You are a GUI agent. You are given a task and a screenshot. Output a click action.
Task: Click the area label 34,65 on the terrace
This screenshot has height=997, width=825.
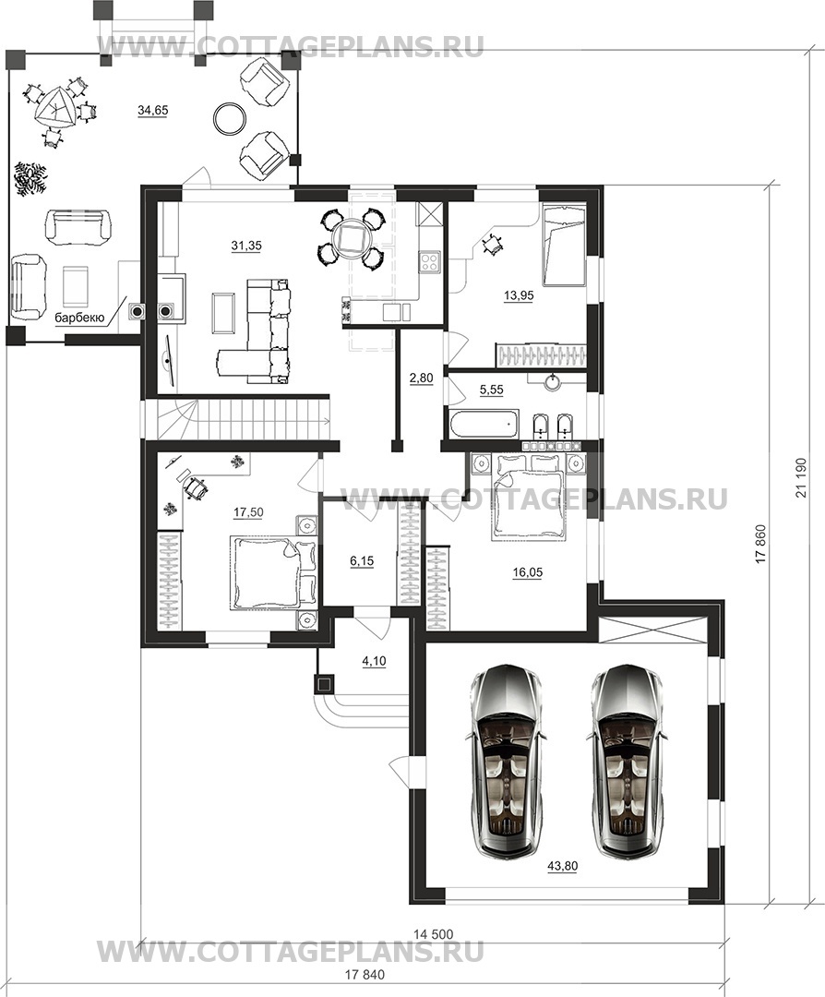[x=152, y=111]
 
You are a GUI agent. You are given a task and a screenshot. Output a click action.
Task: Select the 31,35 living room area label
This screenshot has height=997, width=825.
[x=246, y=245]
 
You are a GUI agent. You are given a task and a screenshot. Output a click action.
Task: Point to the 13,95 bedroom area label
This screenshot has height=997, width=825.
[x=518, y=295]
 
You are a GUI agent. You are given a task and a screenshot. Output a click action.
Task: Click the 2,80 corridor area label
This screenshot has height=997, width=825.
[x=421, y=378]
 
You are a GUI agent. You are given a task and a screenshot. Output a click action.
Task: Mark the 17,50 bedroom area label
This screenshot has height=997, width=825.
[x=248, y=511]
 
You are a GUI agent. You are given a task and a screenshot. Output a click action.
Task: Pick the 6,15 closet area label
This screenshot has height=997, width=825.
[x=363, y=561]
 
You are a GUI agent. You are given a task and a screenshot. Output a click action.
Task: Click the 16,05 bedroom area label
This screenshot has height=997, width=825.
[x=528, y=572]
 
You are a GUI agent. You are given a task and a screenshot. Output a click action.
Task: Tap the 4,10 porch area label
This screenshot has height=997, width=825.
[x=375, y=661]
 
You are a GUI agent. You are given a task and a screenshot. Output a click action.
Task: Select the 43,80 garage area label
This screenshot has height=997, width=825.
[x=563, y=865]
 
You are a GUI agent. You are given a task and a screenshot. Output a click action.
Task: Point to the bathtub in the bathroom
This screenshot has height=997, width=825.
[x=484, y=424]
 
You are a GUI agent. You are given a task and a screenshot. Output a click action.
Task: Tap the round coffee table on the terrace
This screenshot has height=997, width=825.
[x=230, y=117]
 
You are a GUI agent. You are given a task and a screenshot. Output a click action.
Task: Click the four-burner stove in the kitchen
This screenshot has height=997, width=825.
[x=428, y=262]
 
